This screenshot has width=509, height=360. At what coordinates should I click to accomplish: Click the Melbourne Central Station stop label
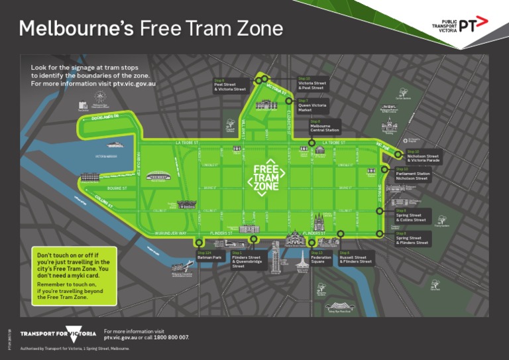[325, 126]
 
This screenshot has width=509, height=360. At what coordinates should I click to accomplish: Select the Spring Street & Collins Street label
[413, 215]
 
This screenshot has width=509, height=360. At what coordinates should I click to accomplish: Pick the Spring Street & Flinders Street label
[413, 239]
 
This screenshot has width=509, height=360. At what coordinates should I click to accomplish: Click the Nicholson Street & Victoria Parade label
[423, 156]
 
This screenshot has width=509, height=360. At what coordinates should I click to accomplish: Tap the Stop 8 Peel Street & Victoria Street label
[229, 85]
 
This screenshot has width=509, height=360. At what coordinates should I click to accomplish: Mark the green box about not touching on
[74, 276]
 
